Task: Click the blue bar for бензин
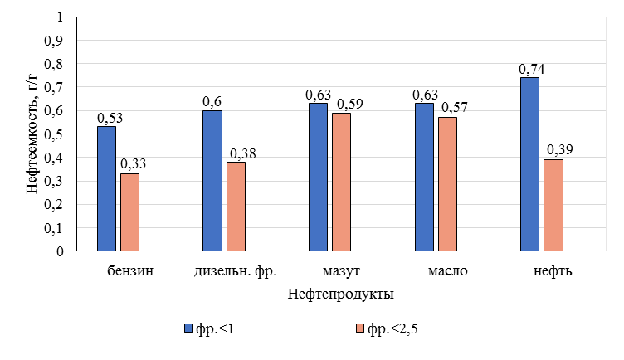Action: (x=106, y=188)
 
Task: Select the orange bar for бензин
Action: (x=129, y=212)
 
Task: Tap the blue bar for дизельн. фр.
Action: (x=212, y=180)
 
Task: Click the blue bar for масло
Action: (x=424, y=177)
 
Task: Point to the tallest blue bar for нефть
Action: (x=529, y=163)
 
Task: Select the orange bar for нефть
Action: (x=553, y=205)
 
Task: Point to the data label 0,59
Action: (x=349, y=105)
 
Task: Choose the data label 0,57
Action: (x=456, y=109)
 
